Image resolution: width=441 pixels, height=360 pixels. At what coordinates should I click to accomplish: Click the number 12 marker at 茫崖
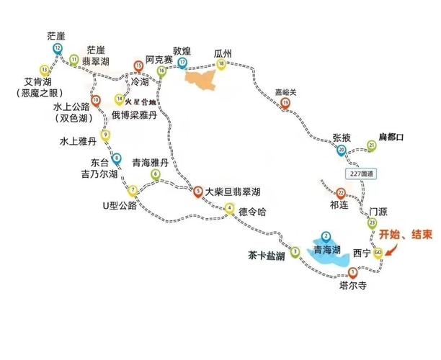[57, 48]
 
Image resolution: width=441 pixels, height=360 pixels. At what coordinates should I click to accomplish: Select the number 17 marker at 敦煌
[182, 63]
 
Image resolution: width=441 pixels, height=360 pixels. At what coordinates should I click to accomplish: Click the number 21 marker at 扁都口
[372, 146]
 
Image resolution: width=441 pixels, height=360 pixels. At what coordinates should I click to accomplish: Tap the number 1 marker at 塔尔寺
[352, 272]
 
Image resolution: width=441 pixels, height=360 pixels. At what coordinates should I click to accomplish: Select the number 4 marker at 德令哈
[229, 209]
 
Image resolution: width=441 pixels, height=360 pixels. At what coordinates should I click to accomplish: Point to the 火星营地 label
[141, 102]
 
